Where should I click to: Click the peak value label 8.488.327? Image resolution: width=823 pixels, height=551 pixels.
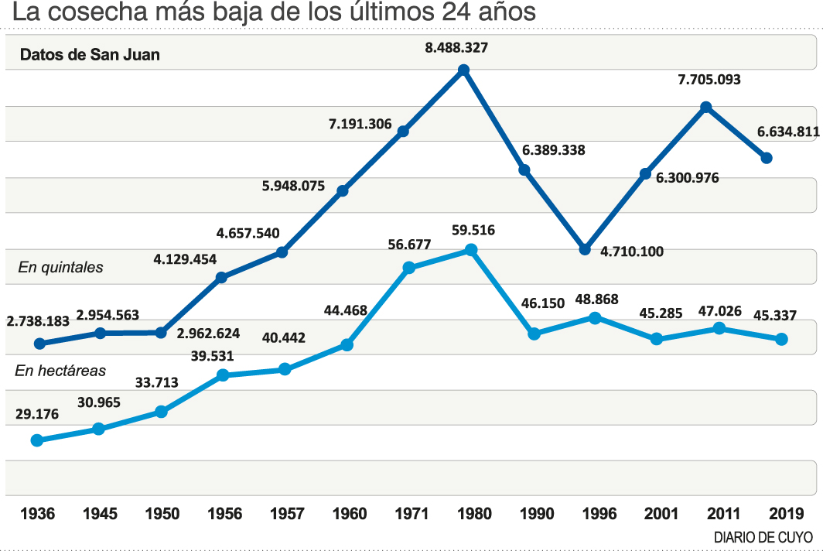click(456, 47)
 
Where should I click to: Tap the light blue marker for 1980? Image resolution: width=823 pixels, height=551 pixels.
click(471, 250)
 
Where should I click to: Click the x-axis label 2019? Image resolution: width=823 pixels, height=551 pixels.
click(782, 514)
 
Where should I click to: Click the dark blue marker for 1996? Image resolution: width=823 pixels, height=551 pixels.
click(585, 249)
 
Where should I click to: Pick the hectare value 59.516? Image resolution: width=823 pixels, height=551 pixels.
click(472, 230)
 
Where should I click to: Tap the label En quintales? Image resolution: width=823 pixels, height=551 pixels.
click(60, 268)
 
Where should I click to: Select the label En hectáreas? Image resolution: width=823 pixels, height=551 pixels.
click(60, 371)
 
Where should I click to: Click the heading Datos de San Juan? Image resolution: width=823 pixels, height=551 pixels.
click(90, 55)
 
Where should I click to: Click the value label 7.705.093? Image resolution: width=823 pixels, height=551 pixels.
click(709, 79)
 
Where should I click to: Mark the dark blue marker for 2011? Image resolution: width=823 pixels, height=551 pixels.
click(705, 107)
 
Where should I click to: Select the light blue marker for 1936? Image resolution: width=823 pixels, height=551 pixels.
click(37, 440)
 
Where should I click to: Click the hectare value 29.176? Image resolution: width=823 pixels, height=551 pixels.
click(37, 414)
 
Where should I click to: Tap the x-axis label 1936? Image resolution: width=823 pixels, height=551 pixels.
click(37, 514)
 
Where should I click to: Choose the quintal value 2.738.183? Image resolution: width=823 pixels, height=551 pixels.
click(38, 320)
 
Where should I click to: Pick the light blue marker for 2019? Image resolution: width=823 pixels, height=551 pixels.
click(781, 339)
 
